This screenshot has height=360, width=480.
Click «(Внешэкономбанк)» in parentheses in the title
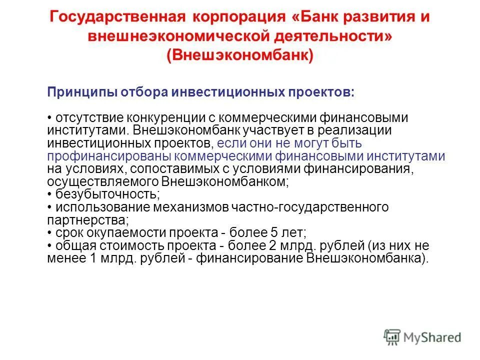pos(240,55)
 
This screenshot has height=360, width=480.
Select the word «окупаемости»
pos(127,233)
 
